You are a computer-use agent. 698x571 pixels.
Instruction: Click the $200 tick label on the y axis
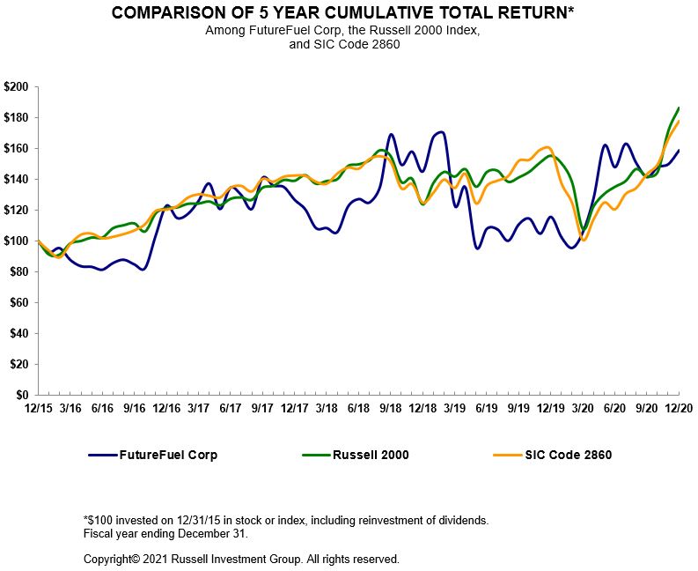pyautogui.click(x=17, y=87)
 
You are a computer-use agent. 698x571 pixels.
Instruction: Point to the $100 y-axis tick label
pyautogui.click(x=17, y=241)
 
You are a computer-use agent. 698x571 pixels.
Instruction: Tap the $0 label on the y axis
pyautogui.click(x=23, y=395)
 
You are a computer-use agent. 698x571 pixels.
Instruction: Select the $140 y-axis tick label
pyautogui.click(x=17, y=179)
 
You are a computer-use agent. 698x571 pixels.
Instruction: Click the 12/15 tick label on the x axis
pyautogui.click(x=37, y=409)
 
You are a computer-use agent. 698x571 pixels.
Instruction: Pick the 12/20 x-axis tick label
pyautogui.click(x=678, y=409)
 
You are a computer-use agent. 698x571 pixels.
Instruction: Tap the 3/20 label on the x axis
pyautogui.click(x=582, y=409)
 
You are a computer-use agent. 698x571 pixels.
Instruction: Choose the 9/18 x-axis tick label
pyautogui.click(x=390, y=409)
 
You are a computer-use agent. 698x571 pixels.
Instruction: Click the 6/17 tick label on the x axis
pyautogui.click(x=230, y=409)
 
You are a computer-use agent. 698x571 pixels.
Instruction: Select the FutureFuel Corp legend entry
pyautogui.click(x=153, y=455)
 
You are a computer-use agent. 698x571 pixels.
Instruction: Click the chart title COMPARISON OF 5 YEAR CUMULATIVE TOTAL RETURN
pyautogui.click(x=349, y=14)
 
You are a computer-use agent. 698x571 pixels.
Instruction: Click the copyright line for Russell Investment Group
pyautogui.click(x=241, y=559)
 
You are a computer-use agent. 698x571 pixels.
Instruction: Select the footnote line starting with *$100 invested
pyautogui.click(x=286, y=521)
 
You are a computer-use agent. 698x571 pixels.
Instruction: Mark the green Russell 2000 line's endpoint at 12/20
pyautogui.click(x=679, y=108)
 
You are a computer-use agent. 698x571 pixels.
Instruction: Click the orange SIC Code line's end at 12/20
pyautogui.click(x=679, y=121)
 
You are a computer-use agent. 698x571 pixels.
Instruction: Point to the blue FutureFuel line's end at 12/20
pyautogui.click(x=679, y=150)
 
